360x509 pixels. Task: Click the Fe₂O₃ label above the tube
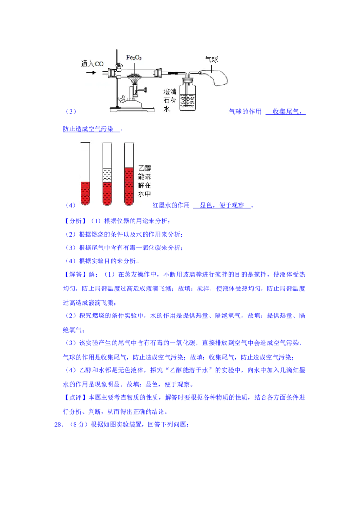[x=134, y=58]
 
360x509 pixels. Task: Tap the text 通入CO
[x=92, y=64]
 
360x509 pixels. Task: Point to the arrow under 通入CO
[x=91, y=72]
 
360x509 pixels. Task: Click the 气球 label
[x=211, y=59]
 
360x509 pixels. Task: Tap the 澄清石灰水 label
[x=170, y=100]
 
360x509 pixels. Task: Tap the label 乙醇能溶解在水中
[x=144, y=181]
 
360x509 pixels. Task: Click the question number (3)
[x=71, y=112]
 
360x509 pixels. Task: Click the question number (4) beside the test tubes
[x=71, y=205]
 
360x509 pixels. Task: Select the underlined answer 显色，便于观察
[x=222, y=205]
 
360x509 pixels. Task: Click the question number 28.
[x=58, y=424]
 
